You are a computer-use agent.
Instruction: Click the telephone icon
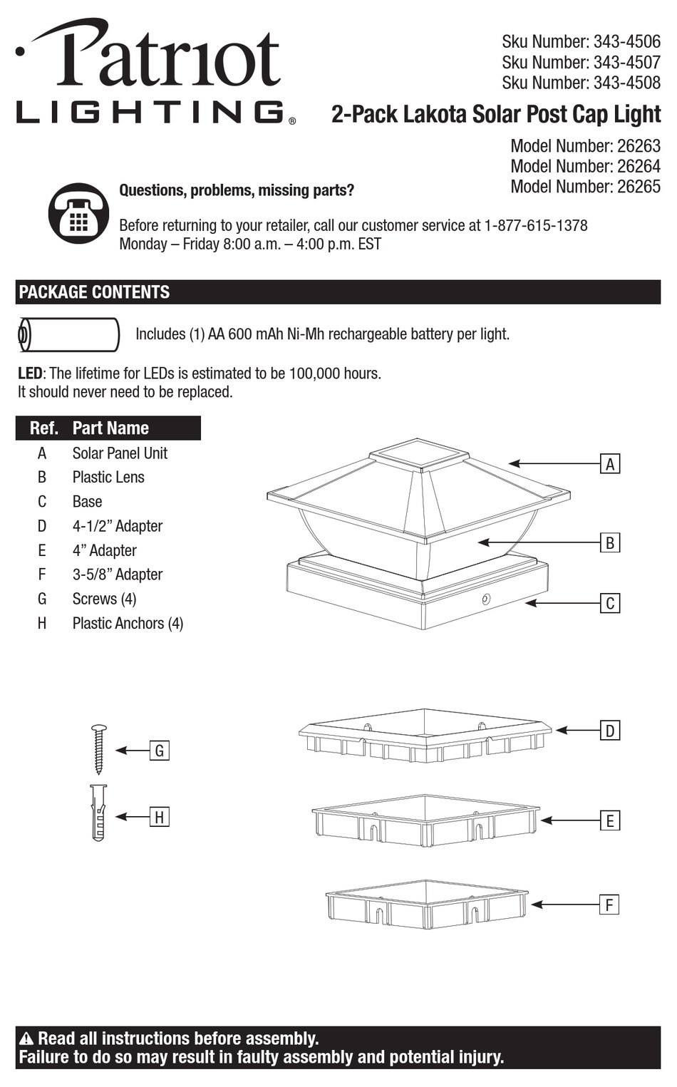click(x=78, y=212)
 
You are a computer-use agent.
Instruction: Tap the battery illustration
click(x=68, y=334)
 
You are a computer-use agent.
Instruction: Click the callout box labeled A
click(x=610, y=464)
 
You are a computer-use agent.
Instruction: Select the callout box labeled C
click(x=610, y=603)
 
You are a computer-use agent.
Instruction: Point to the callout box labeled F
click(x=609, y=905)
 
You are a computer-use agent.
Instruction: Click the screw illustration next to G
click(x=99, y=749)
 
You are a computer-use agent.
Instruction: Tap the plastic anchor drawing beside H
click(x=98, y=813)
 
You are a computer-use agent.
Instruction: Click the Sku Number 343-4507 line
click(x=581, y=62)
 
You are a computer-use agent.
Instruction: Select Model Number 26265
click(x=585, y=186)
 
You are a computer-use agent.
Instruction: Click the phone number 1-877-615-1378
click(x=535, y=225)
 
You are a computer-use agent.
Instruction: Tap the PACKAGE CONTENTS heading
click(x=94, y=292)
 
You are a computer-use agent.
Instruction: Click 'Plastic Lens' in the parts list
click(x=108, y=477)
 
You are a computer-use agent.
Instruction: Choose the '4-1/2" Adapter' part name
click(x=118, y=526)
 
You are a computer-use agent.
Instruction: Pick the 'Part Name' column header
click(x=110, y=428)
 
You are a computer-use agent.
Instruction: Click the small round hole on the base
click(x=487, y=599)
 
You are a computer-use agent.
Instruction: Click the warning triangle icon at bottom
click(x=27, y=1039)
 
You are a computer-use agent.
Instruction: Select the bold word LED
click(x=30, y=373)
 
